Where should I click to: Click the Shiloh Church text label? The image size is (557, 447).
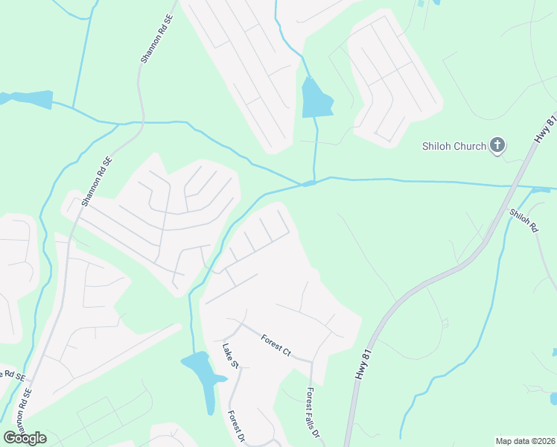[453, 146]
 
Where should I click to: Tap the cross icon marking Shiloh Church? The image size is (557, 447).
[497, 145]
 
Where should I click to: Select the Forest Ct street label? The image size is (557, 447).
[276, 344]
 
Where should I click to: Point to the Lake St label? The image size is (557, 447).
[229, 355]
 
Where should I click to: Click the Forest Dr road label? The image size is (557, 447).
[236, 427]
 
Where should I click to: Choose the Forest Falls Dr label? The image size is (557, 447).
[313, 412]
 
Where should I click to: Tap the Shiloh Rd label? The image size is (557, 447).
[523, 222]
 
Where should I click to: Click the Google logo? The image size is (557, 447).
[25, 438]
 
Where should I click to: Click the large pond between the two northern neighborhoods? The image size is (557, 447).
[316, 99]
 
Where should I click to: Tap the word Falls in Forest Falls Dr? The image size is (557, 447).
[313, 413]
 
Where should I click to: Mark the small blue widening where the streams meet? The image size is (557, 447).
[309, 183]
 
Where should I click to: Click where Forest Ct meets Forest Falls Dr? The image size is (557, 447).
[311, 361]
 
